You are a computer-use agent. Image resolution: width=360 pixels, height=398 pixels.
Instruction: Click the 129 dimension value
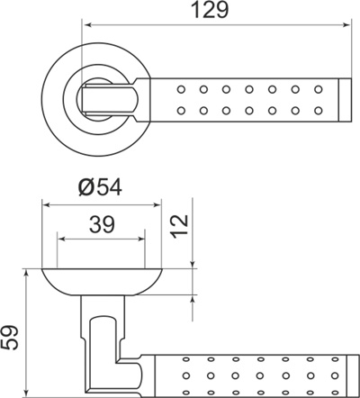[208, 12]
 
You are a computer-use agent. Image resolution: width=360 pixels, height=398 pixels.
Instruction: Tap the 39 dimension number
[103, 224]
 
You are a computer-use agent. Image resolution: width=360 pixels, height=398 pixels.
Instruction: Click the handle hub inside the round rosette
[108, 97]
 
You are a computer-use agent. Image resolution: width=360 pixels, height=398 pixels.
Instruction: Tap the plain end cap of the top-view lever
[344, 99]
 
